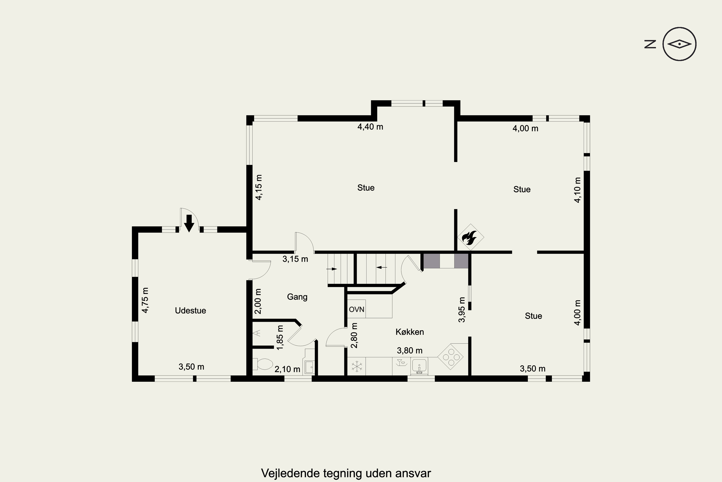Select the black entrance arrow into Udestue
click(189, 223)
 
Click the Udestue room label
click(190, 310)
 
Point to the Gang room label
click(297, 297)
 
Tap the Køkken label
click(410, 332)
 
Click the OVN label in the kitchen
click(356, 309)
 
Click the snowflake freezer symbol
click(357, 366)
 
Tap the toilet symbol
click(263, 364)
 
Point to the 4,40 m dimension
click(370, 127)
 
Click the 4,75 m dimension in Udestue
click(145, 300)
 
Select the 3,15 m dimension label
click(295, 259)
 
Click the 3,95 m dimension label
click(462, 309)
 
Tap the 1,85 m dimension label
click(280, 338)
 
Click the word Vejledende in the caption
click(290, 473)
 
